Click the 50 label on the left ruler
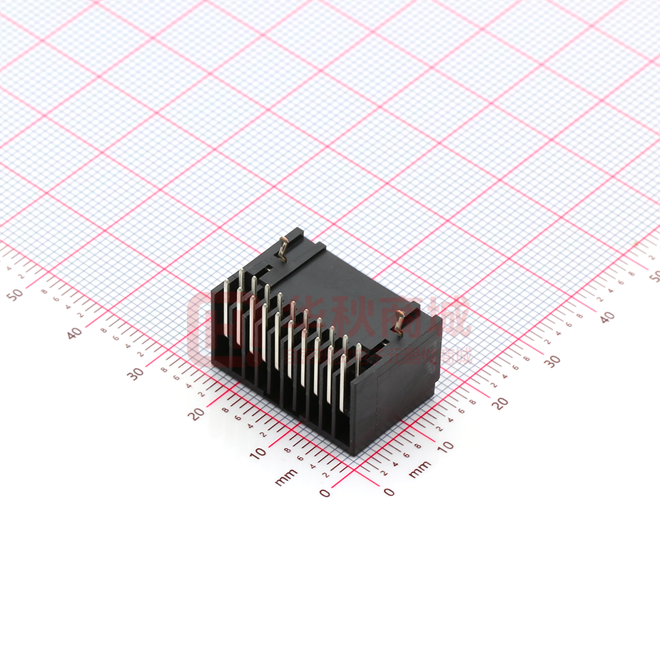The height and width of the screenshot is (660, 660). (x=14, y=293)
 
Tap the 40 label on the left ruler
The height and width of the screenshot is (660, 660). (x=74, y=332)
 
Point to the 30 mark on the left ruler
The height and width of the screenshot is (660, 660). (x=135, y=372)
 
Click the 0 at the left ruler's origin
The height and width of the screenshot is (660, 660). (x=325, y=492)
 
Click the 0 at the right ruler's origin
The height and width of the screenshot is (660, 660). (x=389, y=492)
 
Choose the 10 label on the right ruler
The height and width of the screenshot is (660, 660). (x=445, y=447)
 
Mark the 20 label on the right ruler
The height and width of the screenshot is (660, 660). (x=500, y=403)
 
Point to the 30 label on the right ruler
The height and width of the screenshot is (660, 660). (x=553, y=361)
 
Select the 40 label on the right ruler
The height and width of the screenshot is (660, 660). (x=606, y=318)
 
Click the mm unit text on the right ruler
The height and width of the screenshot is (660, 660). (x=420, y=468)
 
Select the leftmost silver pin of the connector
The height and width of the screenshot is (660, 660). (x=227, y=314)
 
